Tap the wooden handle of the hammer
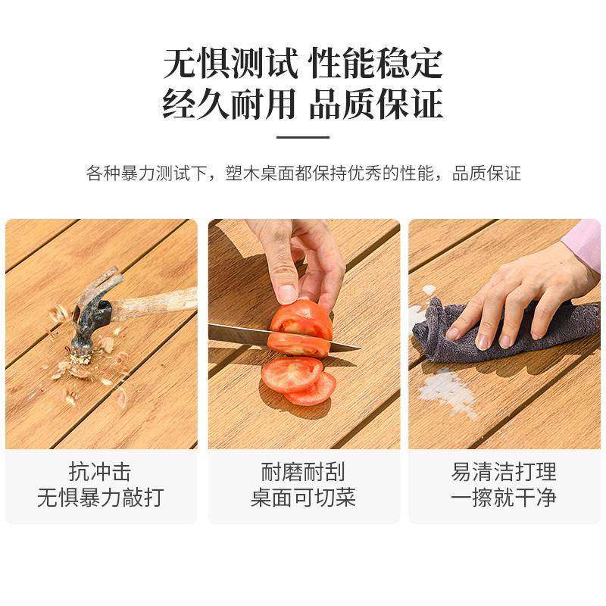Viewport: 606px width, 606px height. (x=155, y=304)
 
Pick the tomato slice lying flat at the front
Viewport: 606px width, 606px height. (x=292, y=373)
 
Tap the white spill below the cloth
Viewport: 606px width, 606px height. (x=447, y=390)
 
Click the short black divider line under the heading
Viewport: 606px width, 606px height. (x=303, y=137)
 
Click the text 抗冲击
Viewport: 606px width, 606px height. (x=100, y=473)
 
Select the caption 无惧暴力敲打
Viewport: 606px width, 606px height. (x=100, y=498)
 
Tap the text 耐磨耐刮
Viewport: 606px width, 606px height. (x=303, y=473)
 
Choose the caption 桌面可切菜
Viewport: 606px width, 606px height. (x=303, y=498)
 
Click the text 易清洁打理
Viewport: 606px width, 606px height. (x=504, y=473)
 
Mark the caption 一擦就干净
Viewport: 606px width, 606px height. (x=504, y=498)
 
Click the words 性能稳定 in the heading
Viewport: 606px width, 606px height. (x=376, y=64)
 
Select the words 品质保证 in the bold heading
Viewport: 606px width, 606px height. (x=376, y=104)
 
